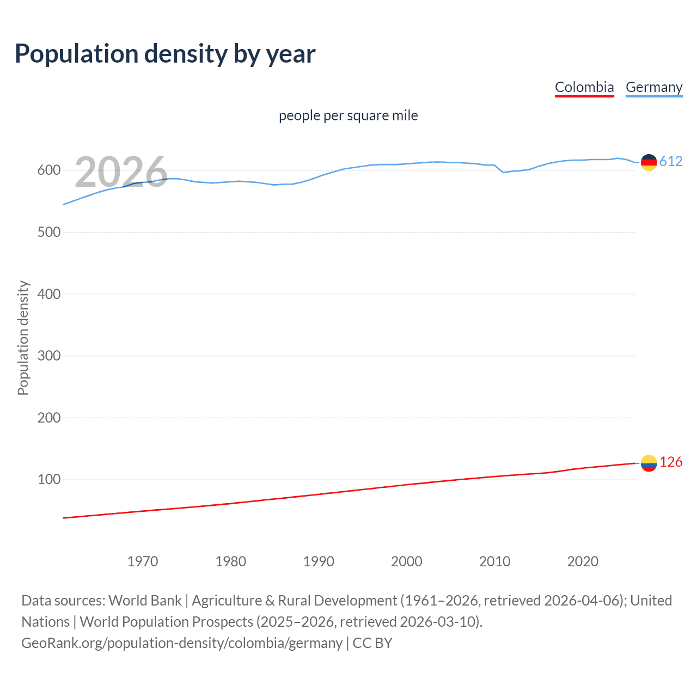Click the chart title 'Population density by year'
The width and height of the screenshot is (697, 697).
coord(165,54)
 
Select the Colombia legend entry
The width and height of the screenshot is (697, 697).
coord(584,87)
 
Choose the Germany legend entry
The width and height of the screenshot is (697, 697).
coord(653,87)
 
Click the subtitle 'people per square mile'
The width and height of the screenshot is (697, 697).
coord(348,115)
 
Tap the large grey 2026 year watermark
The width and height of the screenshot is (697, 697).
coord(121,172)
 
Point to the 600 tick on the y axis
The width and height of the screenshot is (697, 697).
coord(48,170)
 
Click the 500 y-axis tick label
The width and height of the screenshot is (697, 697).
coord(48,232)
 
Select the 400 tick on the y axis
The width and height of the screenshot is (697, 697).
coord(48,294)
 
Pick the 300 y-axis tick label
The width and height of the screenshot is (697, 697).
coord(48,356)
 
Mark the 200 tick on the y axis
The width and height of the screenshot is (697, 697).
coord(48,418)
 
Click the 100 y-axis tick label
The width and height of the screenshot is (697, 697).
coord(48,480)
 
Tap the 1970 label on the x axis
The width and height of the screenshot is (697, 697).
coord(143,561)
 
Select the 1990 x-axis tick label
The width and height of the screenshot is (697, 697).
coord(319,561)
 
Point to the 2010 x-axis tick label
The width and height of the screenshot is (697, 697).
coord(494,561)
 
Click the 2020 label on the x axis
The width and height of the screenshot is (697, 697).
coord(583,561)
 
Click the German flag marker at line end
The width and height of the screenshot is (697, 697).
coord(649,162)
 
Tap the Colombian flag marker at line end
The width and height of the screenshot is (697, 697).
coord(649,463)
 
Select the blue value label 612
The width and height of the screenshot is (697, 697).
coord(671,161)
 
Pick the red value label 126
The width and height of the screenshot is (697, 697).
coord(671,462)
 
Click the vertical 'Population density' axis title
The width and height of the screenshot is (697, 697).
coord(23,338)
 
